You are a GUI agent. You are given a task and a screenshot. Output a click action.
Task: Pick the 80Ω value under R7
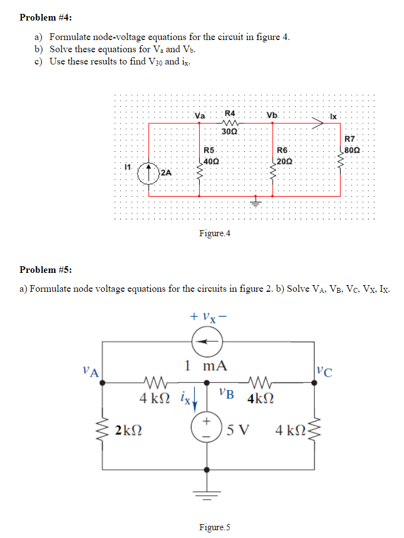click(353, 150)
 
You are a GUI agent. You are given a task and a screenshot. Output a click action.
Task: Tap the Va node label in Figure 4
click(200, 116)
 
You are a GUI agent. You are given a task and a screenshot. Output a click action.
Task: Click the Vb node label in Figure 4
click(272, 116)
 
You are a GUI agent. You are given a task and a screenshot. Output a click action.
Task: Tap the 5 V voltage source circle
click(207, 429)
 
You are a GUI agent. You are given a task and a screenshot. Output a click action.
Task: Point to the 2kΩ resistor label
click(127, 429)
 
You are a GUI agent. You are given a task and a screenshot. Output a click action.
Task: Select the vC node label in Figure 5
click(324, 371)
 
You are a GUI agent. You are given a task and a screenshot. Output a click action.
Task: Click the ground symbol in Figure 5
click(207, 494)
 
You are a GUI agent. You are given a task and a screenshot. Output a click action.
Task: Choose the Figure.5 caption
click(214, 527)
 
